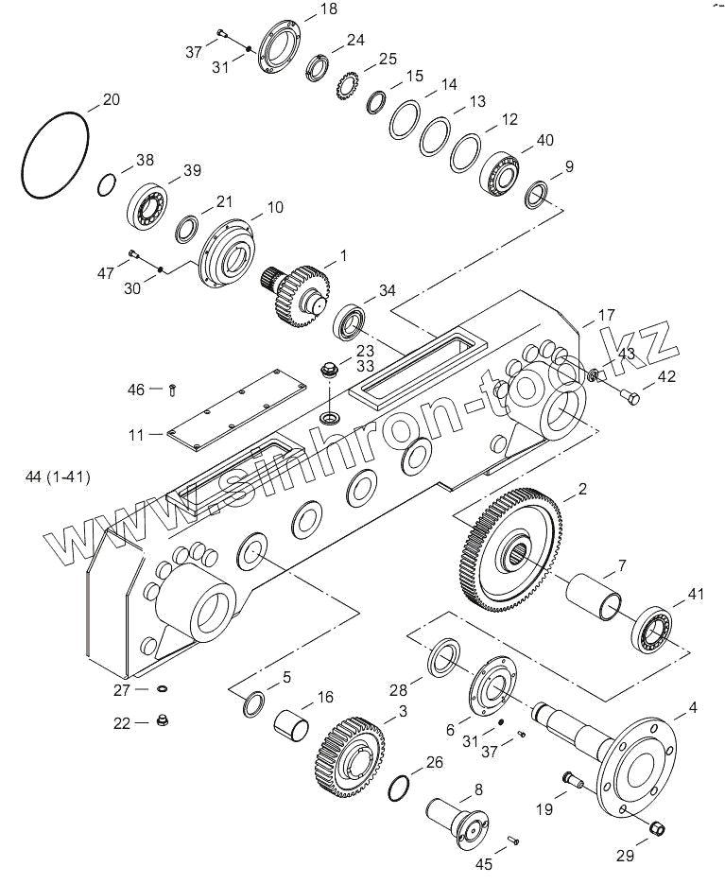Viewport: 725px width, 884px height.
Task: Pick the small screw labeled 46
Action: (x=172, y=389)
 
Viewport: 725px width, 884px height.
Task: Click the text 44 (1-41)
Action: (x=59, y=477)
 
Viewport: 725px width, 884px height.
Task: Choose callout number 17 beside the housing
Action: (x=606, y=315)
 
